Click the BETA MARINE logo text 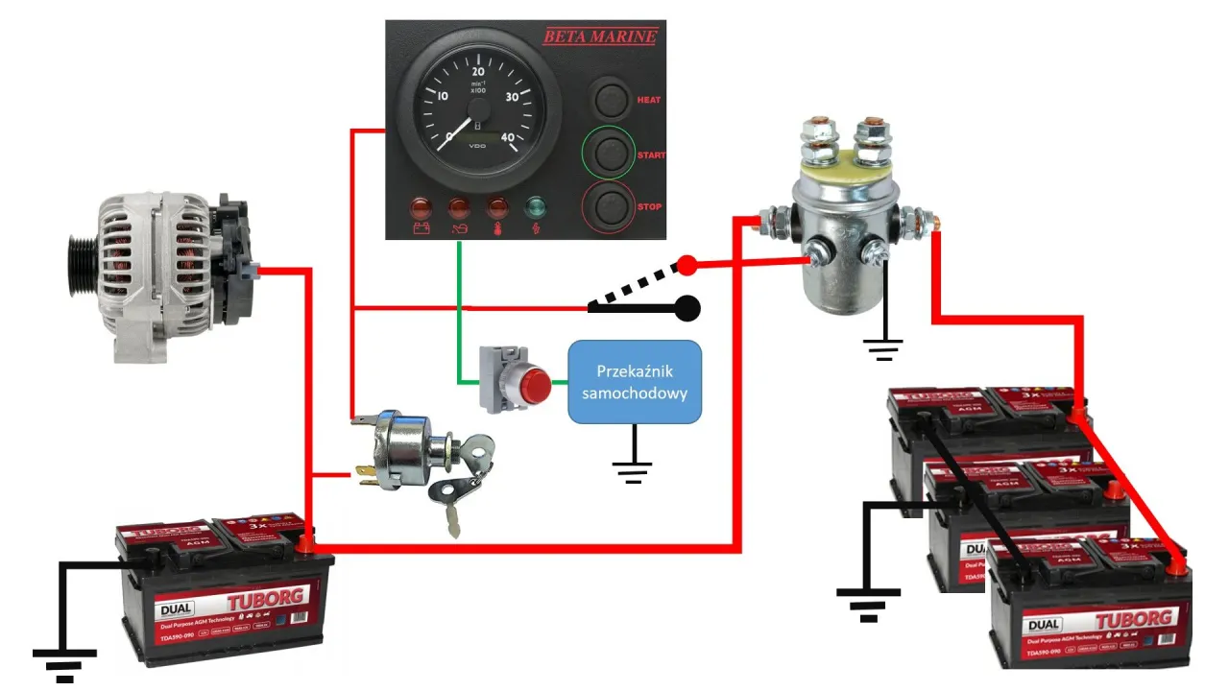600,37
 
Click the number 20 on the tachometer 479,71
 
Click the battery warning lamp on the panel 421,208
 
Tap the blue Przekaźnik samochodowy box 635,382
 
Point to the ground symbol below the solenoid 883,347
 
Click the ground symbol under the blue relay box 633,469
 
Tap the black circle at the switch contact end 687,308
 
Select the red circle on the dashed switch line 687,264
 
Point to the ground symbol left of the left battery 64,662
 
